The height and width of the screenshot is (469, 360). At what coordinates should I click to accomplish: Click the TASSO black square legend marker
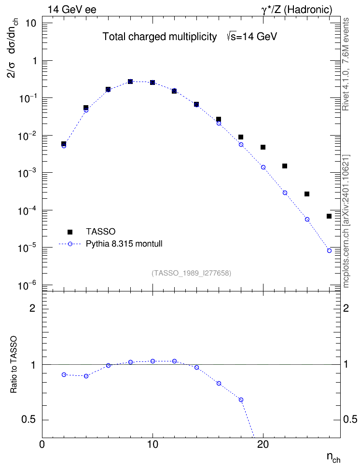point(70,232)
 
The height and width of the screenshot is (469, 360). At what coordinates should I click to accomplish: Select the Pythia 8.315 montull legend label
point(124,244)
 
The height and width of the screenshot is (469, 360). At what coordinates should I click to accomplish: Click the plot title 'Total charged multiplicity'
point(160,37)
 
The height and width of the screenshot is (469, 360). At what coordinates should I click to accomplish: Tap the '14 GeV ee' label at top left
point(72,10)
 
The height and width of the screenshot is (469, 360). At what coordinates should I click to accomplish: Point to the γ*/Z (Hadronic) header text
point(297,10)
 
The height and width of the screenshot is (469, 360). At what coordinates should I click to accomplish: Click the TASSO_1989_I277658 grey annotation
point(192,273)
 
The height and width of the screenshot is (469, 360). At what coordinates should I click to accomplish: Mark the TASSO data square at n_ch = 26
point(329,216)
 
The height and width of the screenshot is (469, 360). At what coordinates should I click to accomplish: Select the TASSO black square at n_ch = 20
point(263,147)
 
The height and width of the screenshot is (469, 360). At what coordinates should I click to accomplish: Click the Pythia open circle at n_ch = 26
point(329,250)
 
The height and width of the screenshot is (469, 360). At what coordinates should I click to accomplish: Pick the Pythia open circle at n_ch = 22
point(285,193)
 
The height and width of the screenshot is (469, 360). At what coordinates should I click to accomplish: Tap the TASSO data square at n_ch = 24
point(307,194)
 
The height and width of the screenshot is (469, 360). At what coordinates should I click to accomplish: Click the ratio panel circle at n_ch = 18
point(241,400)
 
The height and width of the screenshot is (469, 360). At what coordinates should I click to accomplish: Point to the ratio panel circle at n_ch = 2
point(64,374)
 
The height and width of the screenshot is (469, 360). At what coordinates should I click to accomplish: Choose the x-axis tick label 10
point(152,444)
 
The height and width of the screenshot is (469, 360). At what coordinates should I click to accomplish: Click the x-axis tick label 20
point(263,444)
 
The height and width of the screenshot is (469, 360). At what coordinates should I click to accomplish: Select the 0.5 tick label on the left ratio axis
point(28,420)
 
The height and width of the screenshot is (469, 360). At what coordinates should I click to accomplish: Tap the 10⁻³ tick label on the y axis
point(27,173)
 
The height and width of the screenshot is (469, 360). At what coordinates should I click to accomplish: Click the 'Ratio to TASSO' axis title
point(14,365)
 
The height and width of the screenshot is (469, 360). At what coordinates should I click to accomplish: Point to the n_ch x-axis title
point(333,457)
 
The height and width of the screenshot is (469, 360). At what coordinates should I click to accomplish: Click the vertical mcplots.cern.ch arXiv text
point(346,221)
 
